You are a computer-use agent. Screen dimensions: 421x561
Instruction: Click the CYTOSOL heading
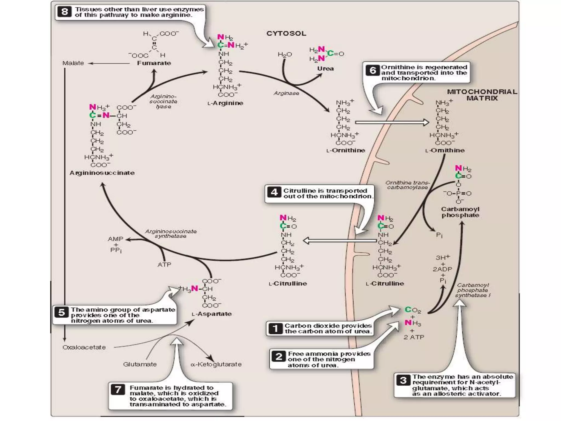286,33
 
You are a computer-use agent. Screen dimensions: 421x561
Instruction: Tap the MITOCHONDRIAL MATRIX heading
482,95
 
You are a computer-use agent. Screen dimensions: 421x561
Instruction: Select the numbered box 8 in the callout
65,12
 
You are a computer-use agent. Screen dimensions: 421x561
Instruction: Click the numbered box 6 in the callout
373,70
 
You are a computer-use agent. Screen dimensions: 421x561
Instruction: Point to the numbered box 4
274,193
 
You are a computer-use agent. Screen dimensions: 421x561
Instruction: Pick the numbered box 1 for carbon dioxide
275,328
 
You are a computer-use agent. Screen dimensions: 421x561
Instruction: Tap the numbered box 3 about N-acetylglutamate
403,380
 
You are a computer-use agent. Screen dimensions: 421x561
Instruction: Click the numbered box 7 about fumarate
118,389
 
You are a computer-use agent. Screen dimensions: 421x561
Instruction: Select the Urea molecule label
325,69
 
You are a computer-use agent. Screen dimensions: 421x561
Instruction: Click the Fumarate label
154,63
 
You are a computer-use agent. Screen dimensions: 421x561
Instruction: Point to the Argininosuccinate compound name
102,173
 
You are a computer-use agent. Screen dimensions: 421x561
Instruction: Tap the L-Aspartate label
212,314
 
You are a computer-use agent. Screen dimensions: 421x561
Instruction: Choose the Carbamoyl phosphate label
460,212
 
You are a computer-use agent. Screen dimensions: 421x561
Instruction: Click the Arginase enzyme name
286,93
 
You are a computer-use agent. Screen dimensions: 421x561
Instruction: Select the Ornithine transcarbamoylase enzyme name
408,185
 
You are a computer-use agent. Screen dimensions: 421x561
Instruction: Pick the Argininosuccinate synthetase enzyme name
171,234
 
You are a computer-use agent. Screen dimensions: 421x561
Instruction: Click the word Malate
73,63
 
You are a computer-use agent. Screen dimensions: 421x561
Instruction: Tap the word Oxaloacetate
84,347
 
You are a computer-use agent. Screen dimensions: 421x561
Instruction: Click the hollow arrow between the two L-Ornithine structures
392,122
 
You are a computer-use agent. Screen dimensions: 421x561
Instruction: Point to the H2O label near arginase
285,55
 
